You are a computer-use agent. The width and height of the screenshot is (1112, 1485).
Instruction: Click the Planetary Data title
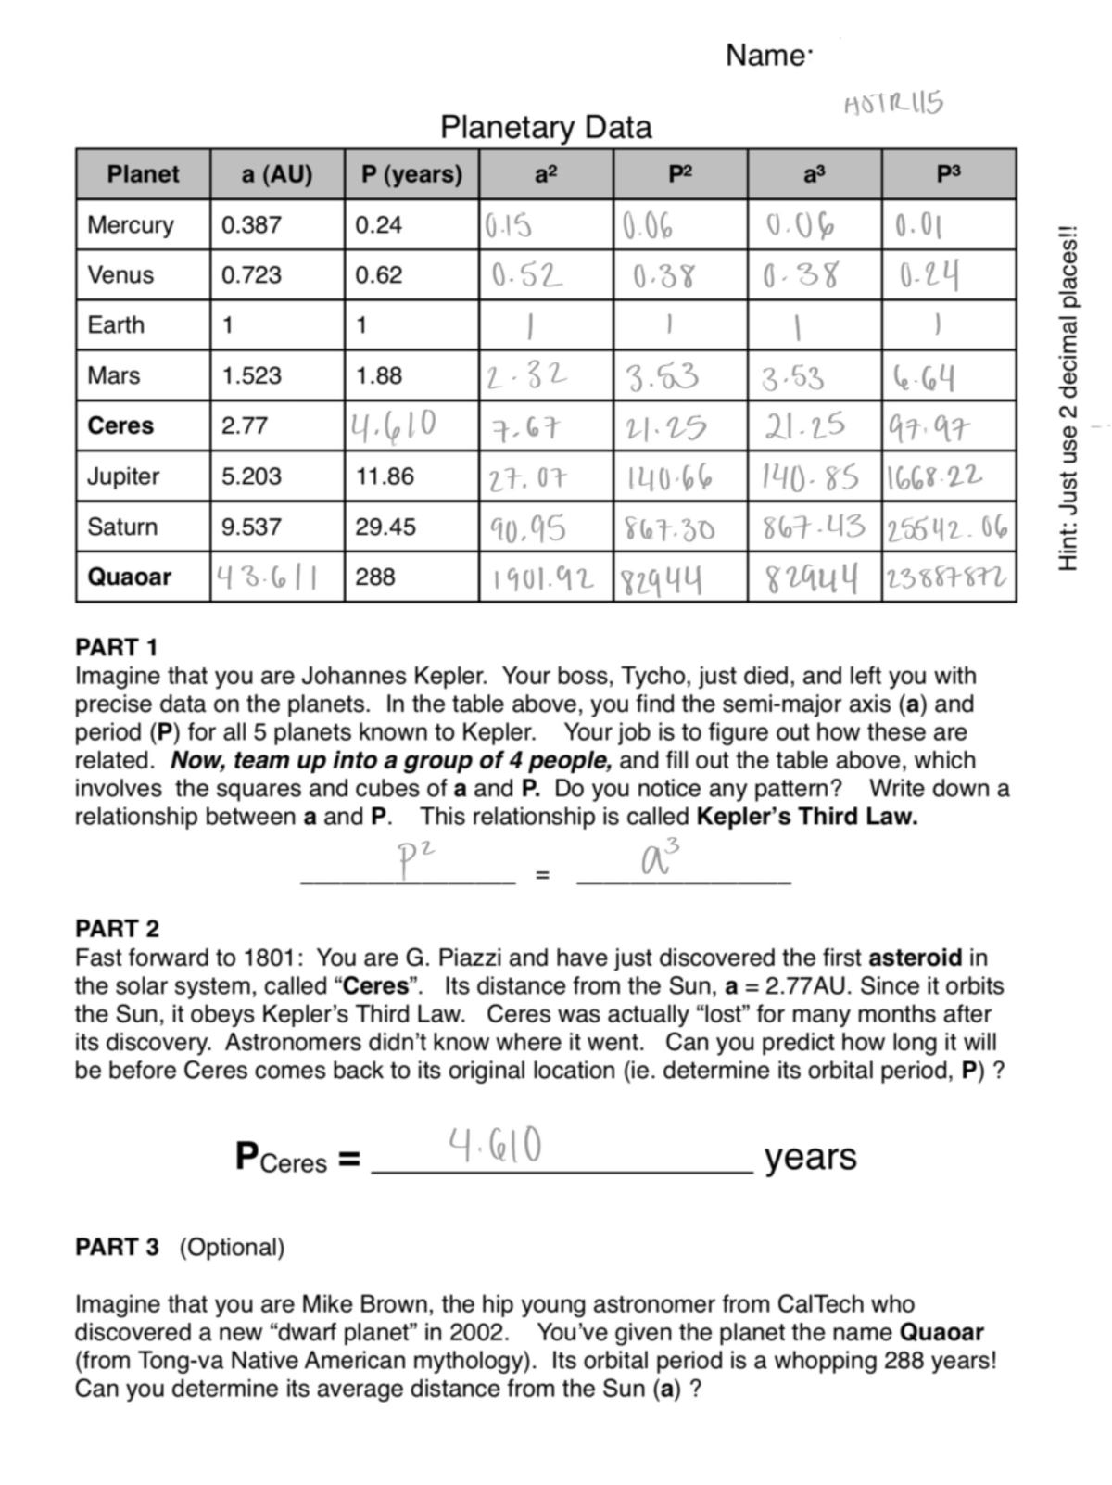tap(545, 127)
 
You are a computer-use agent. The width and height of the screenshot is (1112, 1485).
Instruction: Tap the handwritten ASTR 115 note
tap(892, 104)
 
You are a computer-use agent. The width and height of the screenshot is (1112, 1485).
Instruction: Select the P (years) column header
tap(411, 174)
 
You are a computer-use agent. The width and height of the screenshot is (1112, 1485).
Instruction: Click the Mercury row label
tap(131, 225)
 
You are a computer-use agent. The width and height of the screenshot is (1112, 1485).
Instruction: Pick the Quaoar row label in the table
tap(129, 577)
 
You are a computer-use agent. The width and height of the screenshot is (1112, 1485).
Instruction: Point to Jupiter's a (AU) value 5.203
tap(251, 476)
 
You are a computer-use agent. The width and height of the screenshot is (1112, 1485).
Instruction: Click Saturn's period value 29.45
tap(385, 527)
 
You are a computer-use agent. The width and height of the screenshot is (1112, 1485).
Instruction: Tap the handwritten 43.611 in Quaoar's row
tap(267, 577)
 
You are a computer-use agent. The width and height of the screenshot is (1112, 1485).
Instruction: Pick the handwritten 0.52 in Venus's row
tap(526, 275)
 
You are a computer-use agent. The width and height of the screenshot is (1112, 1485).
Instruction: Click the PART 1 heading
tap(116, 647)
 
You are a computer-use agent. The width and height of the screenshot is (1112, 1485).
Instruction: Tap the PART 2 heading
tap(117, 928)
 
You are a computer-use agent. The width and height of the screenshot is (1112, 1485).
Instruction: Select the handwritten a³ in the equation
tap(660, 857)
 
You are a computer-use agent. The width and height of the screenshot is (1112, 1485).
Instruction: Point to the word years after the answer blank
tap(810, 1158)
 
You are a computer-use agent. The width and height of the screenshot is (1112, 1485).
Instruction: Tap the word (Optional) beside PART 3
tap(232, 1248)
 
